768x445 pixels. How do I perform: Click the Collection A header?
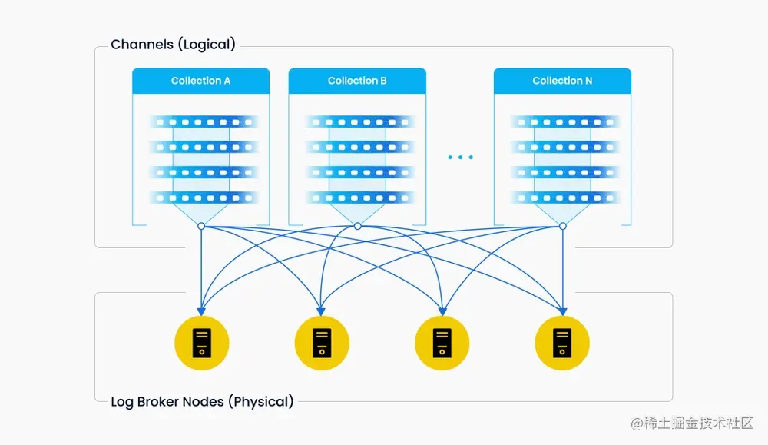pyautogui.click(x=200, y=81)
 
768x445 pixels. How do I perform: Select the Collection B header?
pyautogui.click(x=357, y=81)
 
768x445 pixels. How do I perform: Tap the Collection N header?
pyautogui.click(x=562, y=81)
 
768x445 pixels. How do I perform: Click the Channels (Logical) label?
pyautogui.click(x=173, y=45)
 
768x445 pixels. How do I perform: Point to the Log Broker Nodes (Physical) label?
pyautogui.click(x=202, y=401)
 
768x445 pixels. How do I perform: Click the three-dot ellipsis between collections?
pyautogui.click(x=460, y=158)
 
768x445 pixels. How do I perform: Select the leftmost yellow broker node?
pyautogui.click(x=202, y=343)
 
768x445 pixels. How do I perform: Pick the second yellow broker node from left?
pyautogui.click(x=322, y=343)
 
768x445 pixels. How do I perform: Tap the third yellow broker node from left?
pyautogui.click(x=442, y=343)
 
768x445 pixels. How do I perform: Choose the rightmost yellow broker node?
pyautogui.click(x=562, y=343)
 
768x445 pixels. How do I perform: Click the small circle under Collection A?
pyautogui.click(x=201, y=226)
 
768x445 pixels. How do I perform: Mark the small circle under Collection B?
pyautogui.click(x=357, y=226)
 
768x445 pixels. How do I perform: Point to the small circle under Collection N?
pyautogui.click(x=562, y=226)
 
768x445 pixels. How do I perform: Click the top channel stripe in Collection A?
pyautogui.click(x=201, y=121)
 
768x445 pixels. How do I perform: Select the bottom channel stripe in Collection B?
pyautogui.click(x=357, y=198)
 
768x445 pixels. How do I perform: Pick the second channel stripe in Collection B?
pyautogui.click(x=357, y=147)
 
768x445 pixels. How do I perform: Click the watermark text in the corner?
pyautogui.click(x=692, y=423)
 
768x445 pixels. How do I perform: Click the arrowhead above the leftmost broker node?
pyautogui.click(x=201, y=311)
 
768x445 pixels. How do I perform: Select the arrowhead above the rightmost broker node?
pyautogui.click(x=563, y=311)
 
